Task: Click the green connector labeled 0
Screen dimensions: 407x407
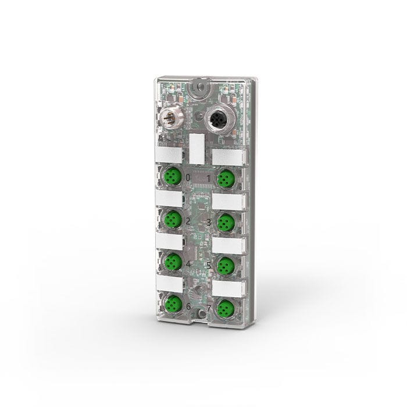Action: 172,176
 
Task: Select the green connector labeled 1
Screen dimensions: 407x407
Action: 226,178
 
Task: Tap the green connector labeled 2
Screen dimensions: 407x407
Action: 172,219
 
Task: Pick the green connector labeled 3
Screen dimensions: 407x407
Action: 226,222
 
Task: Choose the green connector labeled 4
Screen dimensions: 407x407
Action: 172,262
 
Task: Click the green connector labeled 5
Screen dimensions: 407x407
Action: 226,265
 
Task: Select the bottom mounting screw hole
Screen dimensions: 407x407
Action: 201,315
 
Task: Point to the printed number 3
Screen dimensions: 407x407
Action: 209,222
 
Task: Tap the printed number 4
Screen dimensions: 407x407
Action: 187,263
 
